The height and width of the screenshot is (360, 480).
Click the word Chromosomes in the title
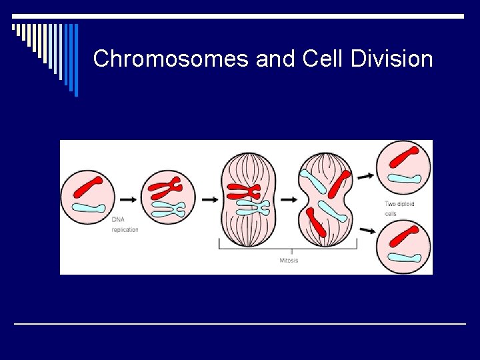tap(171, 59)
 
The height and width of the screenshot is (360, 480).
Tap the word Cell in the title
tap(323, 59)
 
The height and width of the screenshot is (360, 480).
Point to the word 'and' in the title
tap(274, 59)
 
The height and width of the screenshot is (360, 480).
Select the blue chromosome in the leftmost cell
tap(90, 208)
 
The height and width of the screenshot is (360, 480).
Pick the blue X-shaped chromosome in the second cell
tap(168, 210)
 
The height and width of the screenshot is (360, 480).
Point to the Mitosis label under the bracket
tap(289, 260)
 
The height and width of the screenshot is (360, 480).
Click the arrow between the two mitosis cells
tap(288, 199)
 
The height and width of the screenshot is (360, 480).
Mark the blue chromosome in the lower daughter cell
tap(406, 257)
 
